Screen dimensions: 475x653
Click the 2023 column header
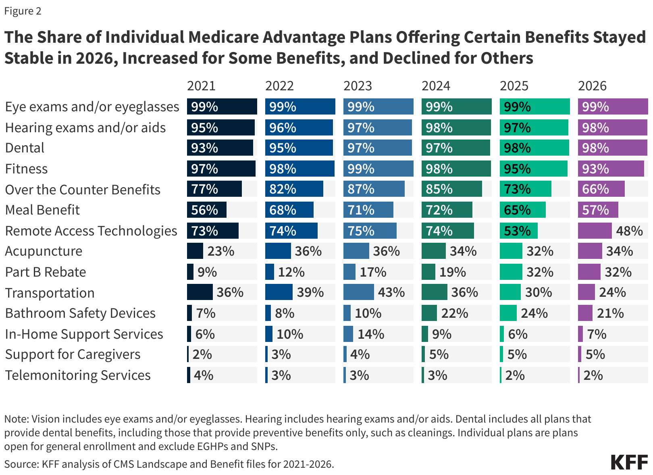358,86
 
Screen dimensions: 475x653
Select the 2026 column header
592,86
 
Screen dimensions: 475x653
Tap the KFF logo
629,462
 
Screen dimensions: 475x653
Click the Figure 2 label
23,11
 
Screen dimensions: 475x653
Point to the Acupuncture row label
44,251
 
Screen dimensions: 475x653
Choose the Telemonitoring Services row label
78,375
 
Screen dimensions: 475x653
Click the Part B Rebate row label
46,272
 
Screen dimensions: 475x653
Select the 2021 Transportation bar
200,292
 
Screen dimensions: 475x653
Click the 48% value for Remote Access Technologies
629,231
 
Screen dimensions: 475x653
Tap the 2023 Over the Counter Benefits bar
374,189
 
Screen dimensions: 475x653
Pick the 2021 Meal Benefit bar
206,210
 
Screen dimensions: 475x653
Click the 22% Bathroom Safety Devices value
455,313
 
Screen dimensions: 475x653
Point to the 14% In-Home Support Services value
371,334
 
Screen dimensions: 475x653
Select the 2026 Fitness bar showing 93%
611,169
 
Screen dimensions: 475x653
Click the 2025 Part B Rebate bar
511,272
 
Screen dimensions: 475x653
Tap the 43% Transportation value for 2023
391,292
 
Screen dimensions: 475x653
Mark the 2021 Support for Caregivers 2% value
202,354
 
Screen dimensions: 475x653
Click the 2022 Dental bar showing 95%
299,148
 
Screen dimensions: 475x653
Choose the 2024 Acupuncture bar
433,251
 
